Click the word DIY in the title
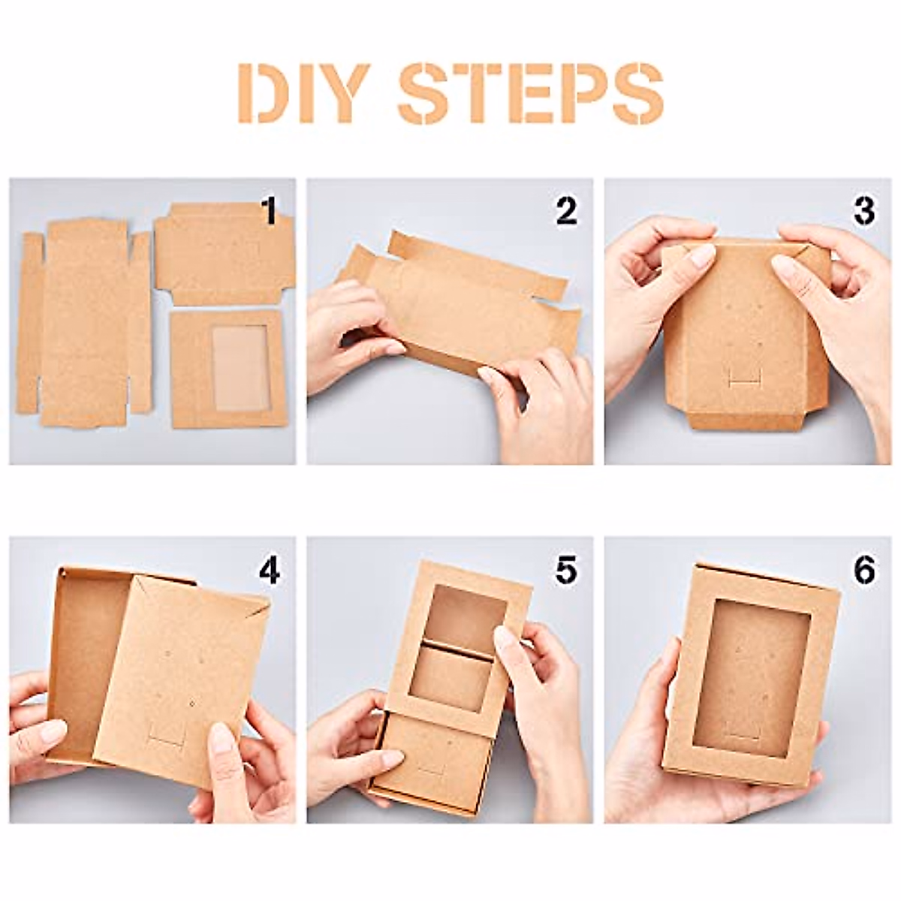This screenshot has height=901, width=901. [303, 93]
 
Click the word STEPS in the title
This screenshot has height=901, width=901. [530, 93]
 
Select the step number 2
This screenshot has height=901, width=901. [566, 211]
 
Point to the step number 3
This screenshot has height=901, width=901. [863, 211]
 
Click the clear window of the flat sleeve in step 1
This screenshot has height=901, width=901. [240, 368]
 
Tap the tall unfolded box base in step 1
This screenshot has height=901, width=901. [84, 323]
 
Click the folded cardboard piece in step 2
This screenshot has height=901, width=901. [458, 300]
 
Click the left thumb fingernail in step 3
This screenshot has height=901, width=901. [701, 256]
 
